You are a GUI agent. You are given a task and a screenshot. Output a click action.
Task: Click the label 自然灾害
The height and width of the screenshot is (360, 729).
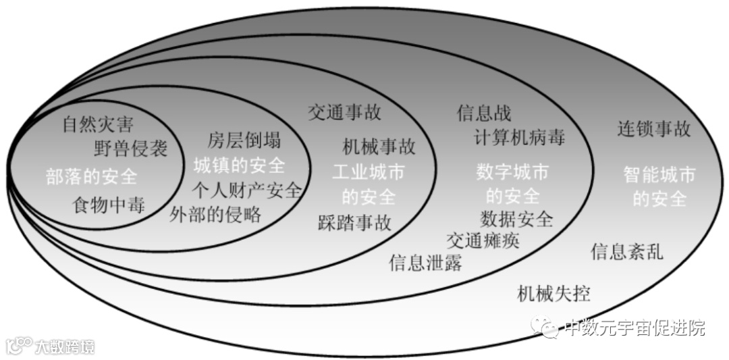point(98,125)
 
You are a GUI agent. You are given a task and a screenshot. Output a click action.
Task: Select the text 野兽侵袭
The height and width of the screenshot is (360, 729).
point(131,148)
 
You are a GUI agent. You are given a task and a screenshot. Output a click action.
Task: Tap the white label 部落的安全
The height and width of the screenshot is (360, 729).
point(92,177)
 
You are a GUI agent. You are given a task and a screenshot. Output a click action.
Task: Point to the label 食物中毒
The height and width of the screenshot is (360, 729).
point(109,205)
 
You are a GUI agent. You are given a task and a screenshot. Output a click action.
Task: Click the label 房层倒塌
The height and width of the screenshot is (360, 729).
point(244,141)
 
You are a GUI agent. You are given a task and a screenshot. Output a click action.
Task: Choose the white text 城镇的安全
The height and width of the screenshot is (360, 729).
point(239,165)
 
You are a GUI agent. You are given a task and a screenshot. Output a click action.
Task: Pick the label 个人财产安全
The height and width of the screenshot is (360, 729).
point(246,190)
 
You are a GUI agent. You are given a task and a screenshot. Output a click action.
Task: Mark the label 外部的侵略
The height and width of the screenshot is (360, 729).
point(216,214)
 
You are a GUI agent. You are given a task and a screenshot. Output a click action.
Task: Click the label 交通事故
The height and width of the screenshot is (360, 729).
point(344,111)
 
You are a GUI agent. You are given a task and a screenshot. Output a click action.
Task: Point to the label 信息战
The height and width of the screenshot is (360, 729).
point(484,112)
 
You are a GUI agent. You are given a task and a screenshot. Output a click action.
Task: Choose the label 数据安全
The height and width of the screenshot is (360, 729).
point(516,219)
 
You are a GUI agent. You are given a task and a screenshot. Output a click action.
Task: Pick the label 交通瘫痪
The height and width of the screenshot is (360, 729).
point(483,240)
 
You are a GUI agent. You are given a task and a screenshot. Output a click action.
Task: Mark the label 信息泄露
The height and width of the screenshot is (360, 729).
point(426,263)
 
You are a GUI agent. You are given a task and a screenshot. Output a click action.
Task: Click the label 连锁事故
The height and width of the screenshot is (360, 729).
point(654,128)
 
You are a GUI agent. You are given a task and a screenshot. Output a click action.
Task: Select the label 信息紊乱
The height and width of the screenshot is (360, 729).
point(627,252)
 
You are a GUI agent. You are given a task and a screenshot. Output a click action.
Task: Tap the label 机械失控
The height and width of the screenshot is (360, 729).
point(553,294)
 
